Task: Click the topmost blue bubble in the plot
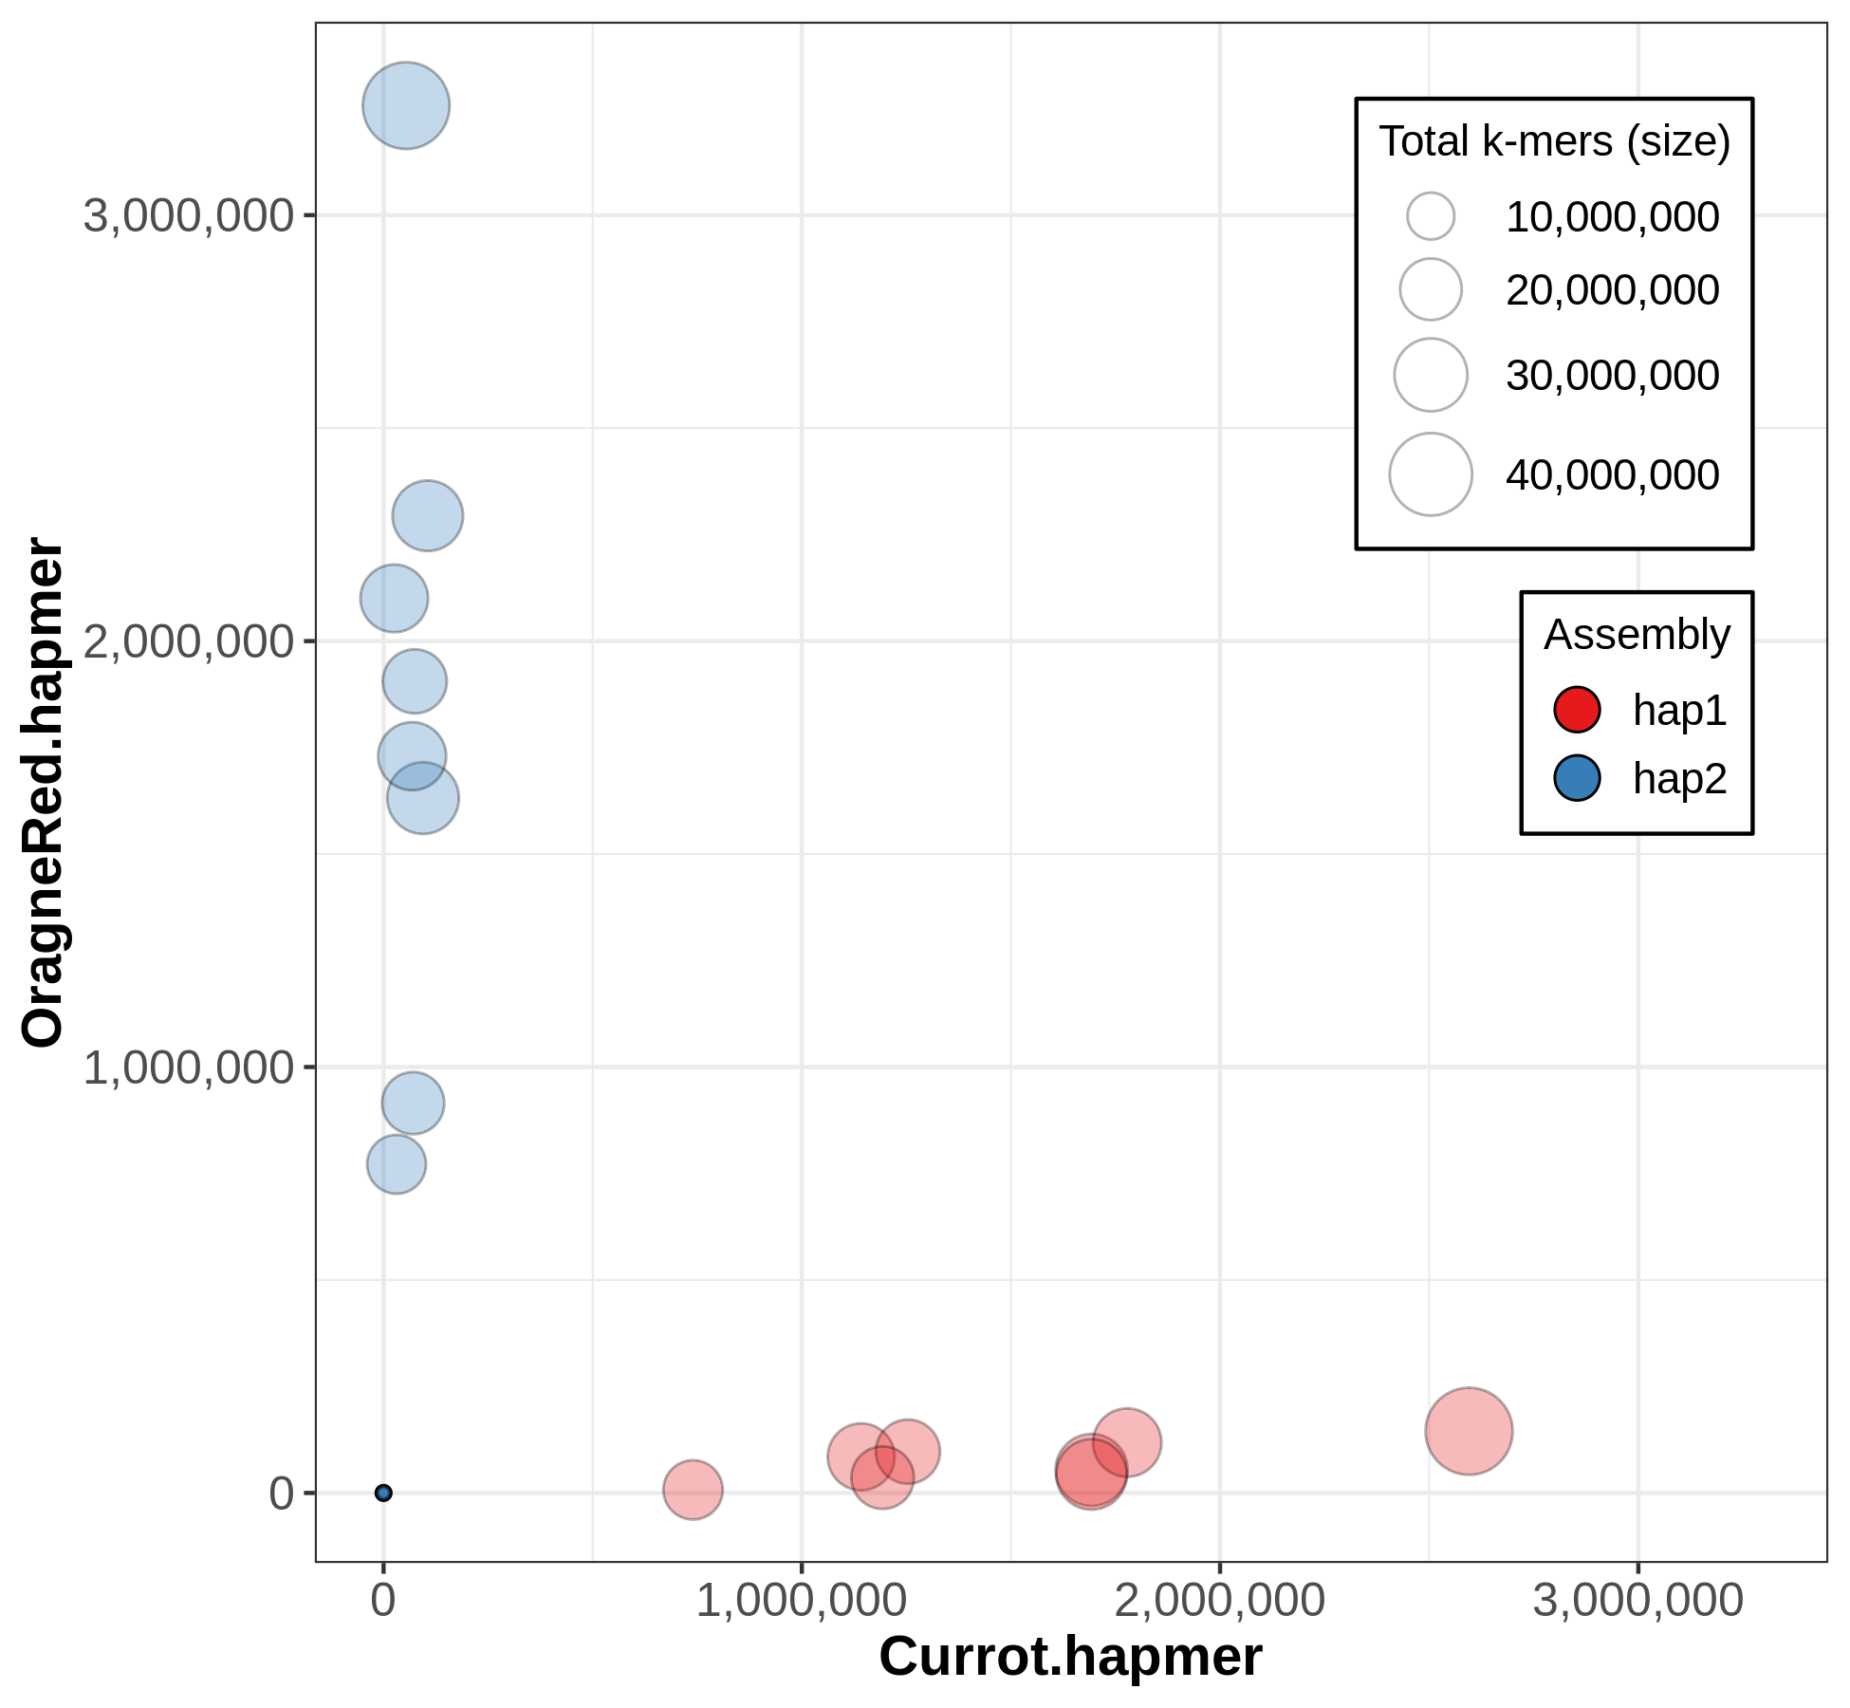click(x=406, y=106)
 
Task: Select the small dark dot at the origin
click(x=383, y=1493)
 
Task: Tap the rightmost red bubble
click(x=1469, y=1431)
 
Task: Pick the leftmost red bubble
click(x=693, y=1490)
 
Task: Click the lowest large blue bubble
click(x=397, y=1164)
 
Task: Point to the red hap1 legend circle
click(x=1577, y=710)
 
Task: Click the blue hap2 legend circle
click(x=1577, y=778)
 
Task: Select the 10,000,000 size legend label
click(x=1612, y=217)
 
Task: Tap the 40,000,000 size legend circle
click(x=1431, y=474)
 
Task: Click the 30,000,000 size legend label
click(x=1612, y=376)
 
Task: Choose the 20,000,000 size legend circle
click(x=1431, y=289)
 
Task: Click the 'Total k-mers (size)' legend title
click(x=1554, y=141)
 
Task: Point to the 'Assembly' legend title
click(x=1637, y=634)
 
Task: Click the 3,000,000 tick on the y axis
click(x=189, y=215)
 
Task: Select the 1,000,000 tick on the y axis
click(x=189, y=1067)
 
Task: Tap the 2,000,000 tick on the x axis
click(x=1219, y=1601)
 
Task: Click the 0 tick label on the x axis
click(x=383, y=1601)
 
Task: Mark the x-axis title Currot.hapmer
click(x=1070, y=1657)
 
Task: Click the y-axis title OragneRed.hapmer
click(x=44, y=792)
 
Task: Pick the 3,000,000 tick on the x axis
click(x=1637, y=1601)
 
